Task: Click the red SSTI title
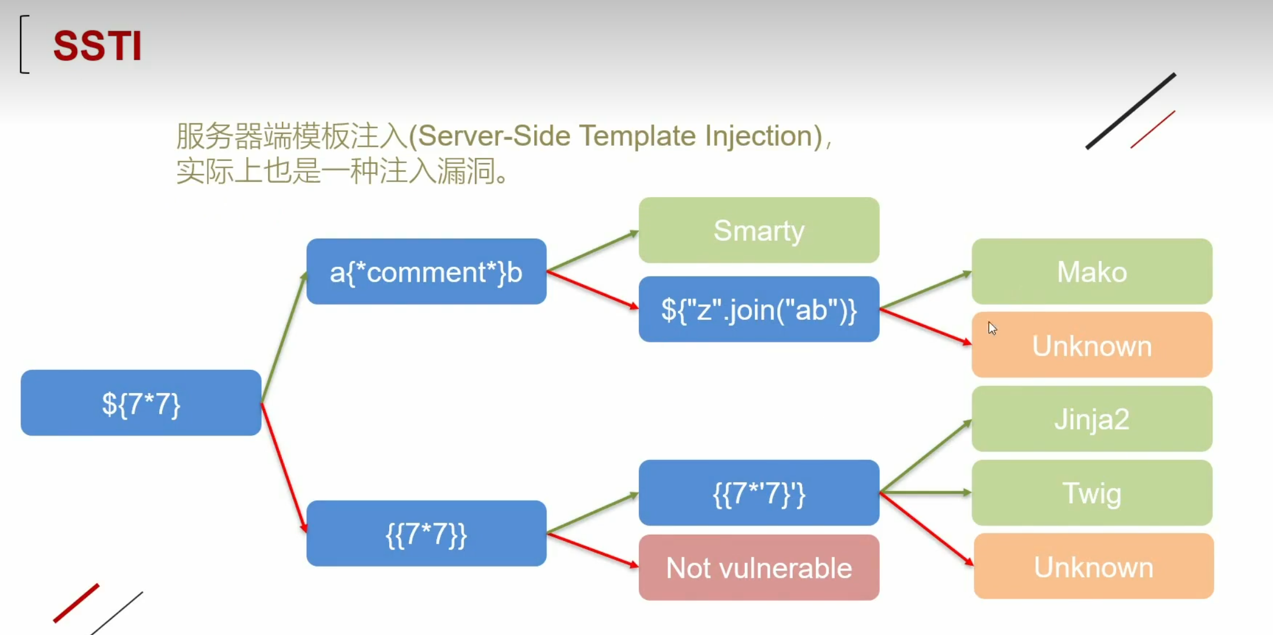(x=97, y=46)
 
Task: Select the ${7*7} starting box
(x=141, y=403)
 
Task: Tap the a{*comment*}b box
(x=427, y=271)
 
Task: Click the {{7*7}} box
(x=427, y=534)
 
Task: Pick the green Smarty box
(x=759, y=230)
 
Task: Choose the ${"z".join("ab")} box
(x=759, y=309)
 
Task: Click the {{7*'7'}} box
(x=759, y=493)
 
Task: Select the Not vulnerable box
(x=759, y=568)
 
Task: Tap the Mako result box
(x=1092, y=271)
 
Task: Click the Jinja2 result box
(x=1092, y=419)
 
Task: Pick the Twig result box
(x=1092, y=493)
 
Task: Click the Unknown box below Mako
(x=1092, y=345)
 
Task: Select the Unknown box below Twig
(x=1094, y=566)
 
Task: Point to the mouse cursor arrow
(x=992, y=328)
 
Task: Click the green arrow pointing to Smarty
(x=593, y=251)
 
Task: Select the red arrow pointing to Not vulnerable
(x=593, y=550)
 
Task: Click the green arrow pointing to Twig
(x=925, y=493)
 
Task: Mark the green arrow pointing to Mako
(x=925, y=290)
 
